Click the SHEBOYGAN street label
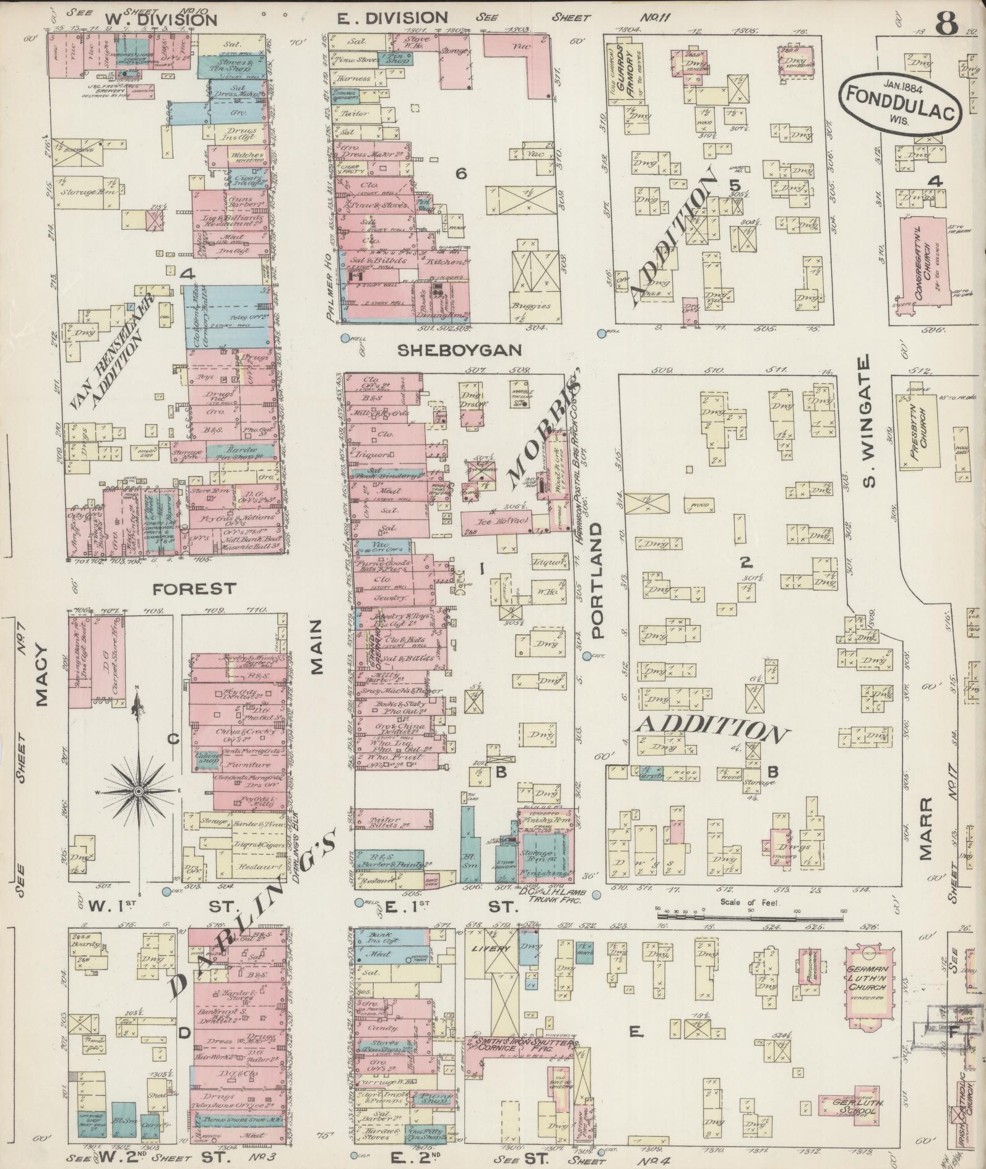459,350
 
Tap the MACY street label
41,675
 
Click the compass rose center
139,792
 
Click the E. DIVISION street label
392,17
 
